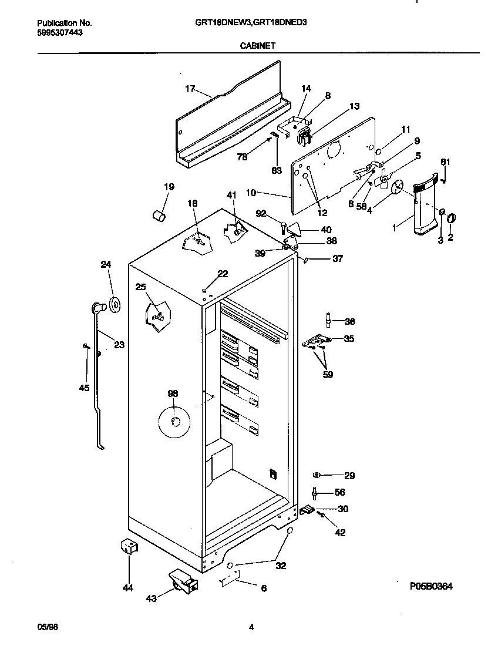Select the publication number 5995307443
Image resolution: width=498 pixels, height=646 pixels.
(60, 33)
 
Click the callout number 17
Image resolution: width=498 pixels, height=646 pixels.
(190, 89)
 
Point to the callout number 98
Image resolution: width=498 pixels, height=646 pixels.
(173, 393)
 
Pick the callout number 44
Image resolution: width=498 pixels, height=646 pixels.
(128, 587)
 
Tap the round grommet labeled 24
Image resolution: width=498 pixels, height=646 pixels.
(114, 304)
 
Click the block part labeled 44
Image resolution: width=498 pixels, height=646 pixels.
(128, 547)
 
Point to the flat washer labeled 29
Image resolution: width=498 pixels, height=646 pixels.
(317, 475)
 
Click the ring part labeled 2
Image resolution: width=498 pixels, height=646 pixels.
(451, 218)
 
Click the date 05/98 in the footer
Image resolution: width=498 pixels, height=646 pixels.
(48, 627)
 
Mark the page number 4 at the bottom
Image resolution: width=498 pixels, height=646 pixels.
(251, 627)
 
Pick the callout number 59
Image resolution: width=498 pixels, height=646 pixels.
(328, 374)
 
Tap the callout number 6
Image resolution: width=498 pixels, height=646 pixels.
(264, 588)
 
